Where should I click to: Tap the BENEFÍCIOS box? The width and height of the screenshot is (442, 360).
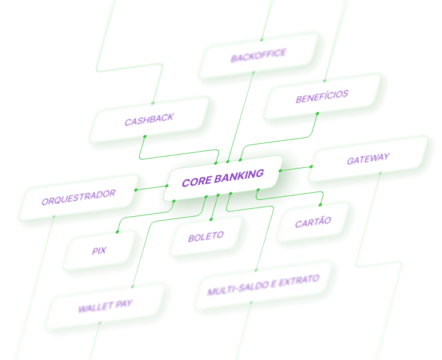(x=322, y=96)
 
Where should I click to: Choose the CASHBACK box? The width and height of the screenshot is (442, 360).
(x=149, y=120)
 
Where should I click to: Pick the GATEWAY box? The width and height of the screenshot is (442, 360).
(x=368, y=160)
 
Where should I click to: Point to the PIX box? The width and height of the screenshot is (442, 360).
(x=99, y=250)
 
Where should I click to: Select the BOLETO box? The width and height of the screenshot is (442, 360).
(x=206, y=237)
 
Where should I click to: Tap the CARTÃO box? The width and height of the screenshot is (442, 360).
(x=313, y=222)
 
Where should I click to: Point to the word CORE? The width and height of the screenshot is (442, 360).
(x=195, y=181)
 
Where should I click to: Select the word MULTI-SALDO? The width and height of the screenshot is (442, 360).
(x=235, y=290)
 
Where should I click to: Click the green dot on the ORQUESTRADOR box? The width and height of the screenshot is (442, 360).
(x=136, y=190)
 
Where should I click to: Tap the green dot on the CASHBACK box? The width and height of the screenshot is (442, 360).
(x=145, y=137)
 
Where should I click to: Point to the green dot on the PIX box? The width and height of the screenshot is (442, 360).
(x=117, y=232)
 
